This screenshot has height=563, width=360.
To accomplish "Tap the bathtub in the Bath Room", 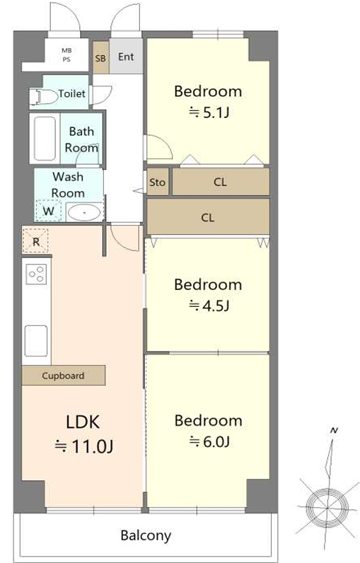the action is pos(45,139).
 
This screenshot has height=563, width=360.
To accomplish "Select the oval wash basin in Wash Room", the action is pos(84,213).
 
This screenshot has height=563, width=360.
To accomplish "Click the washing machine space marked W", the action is pos(49,211).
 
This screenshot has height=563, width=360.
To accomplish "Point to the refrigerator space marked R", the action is pos(35,241).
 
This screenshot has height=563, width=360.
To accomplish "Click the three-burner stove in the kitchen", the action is pos(37,274).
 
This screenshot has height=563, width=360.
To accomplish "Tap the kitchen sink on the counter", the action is pos(36,341).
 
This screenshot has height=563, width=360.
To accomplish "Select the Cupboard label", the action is pos(63,376).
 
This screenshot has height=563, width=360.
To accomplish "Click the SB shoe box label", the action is pos(100,58).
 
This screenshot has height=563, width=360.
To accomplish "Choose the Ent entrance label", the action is pos(126,57).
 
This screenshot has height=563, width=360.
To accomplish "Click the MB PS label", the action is pos(66,55).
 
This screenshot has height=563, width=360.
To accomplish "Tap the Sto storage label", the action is pos(157,182).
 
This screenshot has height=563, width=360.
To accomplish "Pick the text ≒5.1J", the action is pos(209,112).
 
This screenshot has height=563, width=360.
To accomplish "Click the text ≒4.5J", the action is pos(209,306).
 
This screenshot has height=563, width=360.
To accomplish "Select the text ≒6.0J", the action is pos(209,441).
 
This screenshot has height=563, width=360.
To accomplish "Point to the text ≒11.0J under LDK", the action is pos(84,446).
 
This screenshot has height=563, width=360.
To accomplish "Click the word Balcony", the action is pos(146,535).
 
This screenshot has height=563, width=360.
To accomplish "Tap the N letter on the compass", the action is pos(334,430).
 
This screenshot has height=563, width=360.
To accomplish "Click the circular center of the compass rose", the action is pos(328,507).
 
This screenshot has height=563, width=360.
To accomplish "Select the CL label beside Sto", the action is pos(220,182).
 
